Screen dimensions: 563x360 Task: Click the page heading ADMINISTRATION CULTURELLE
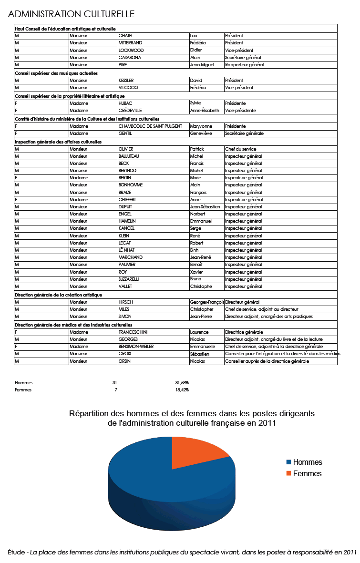tap(72, 14)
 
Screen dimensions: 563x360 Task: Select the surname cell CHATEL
tap(126, 36)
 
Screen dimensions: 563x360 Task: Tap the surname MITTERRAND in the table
tap(130, 43)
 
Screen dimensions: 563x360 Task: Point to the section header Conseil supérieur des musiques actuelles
tap(56, 73)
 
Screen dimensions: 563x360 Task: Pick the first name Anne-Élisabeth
tap(205, 111)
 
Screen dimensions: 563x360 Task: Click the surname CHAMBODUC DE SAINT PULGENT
tap(150, 126)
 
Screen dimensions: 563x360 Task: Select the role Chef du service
tap(240, 149)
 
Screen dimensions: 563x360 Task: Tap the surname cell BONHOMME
tap(130, 185)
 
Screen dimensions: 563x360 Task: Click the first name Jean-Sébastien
tap(205, 207)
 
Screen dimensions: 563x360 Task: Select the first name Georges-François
tap(206, 302)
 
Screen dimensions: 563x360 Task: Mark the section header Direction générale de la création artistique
tap(58, 295)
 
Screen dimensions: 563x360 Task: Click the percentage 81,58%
tap(182, 383)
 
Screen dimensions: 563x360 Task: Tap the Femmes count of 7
tap(115, 390)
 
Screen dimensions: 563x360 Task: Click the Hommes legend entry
tap(307, 462)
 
